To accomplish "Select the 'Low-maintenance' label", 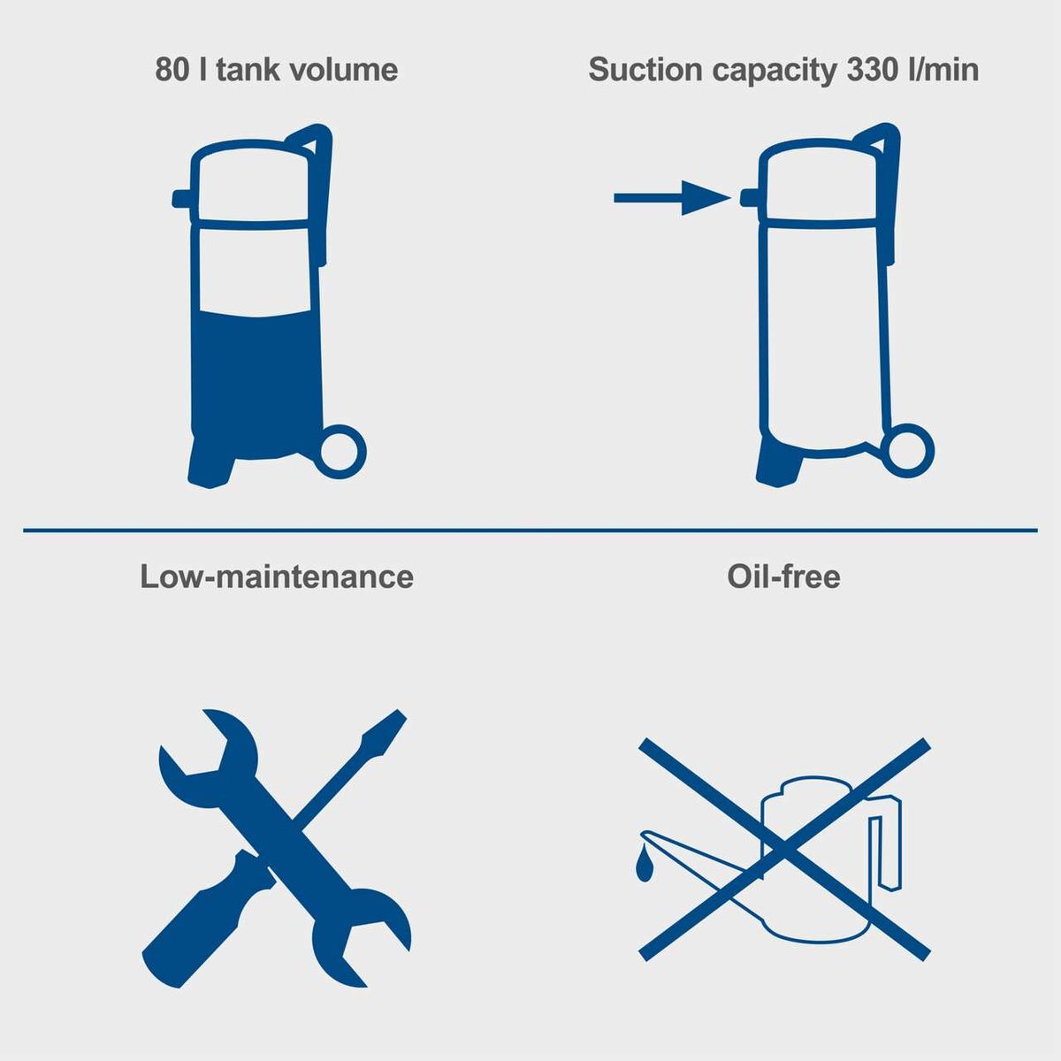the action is (277, 576).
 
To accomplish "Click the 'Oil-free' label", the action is (783, 576).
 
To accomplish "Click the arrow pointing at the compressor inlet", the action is (672, 198).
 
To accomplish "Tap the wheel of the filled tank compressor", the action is (340, 452).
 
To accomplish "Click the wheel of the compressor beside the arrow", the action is (907, 451).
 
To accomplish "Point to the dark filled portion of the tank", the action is (256, 385).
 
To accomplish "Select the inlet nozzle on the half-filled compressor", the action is (182, 199).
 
